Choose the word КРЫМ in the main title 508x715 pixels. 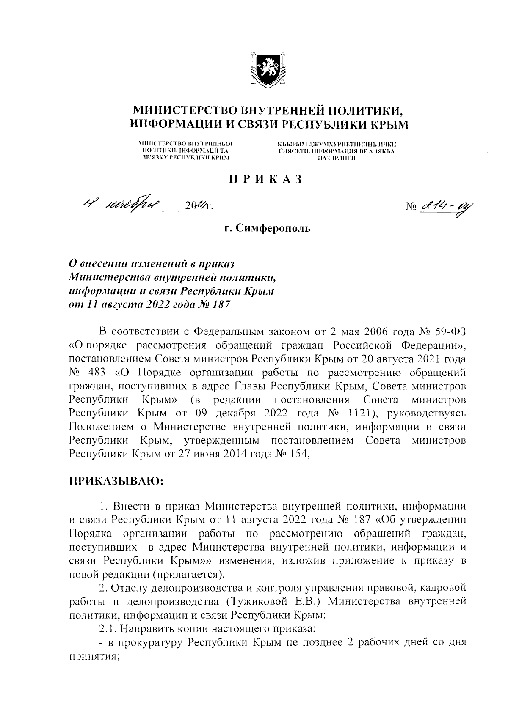tap(390, 125)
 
